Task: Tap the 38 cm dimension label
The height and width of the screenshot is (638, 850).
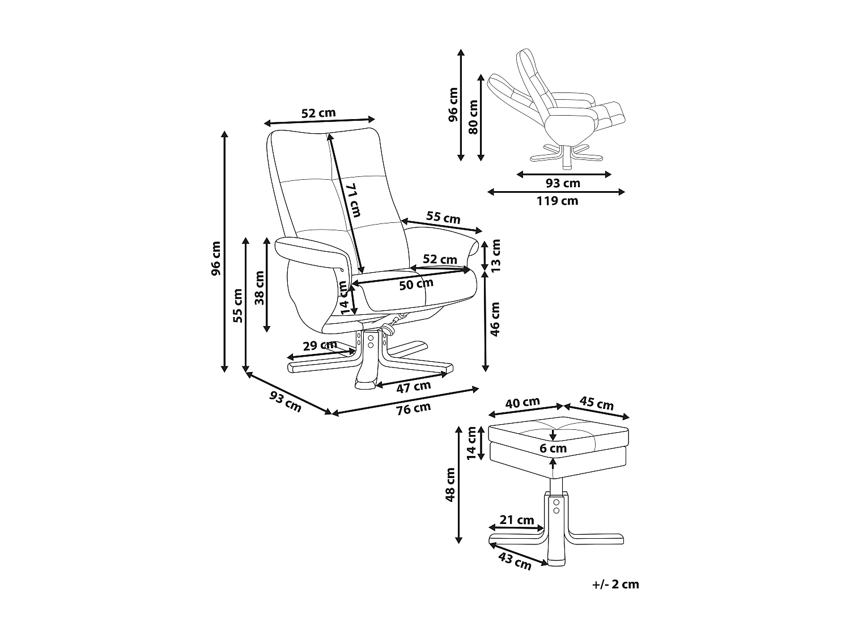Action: [260, 288]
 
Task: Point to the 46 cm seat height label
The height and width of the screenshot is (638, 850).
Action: [495, 319]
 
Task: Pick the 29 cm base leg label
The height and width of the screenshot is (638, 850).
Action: [318, 345]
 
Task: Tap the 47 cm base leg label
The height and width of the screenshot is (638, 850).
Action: [413, 387]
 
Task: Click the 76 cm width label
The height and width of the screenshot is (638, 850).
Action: [414, 408]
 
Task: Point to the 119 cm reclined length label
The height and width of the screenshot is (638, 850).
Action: [558, 201]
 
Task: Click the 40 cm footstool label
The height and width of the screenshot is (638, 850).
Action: [522, 403]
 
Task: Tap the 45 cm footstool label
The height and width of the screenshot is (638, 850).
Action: [597, 403]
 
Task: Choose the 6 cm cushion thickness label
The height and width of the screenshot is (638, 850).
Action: [553, 449]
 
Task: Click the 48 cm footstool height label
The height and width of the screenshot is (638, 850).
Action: [451, 484]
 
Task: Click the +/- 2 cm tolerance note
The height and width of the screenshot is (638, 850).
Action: [615, 584]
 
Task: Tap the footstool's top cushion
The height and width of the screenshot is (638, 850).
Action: [558, 431]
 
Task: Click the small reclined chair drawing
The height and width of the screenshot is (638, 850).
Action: [558, 108]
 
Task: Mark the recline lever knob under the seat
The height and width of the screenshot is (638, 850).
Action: [389, 328]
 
